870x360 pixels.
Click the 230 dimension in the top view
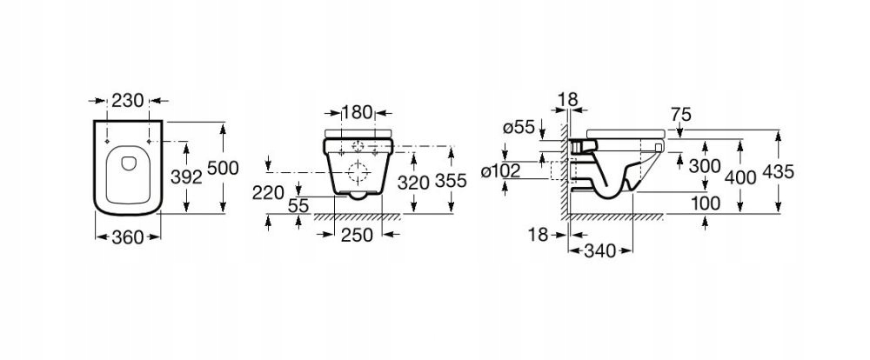(128, 101)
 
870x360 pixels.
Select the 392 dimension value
(185, 177)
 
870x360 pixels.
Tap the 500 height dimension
(222, 170)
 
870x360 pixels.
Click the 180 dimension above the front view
(358, 113)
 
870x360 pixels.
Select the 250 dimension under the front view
(357, 234)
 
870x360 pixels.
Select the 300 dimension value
(705, 165)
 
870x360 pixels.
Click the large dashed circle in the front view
(357, 168)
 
